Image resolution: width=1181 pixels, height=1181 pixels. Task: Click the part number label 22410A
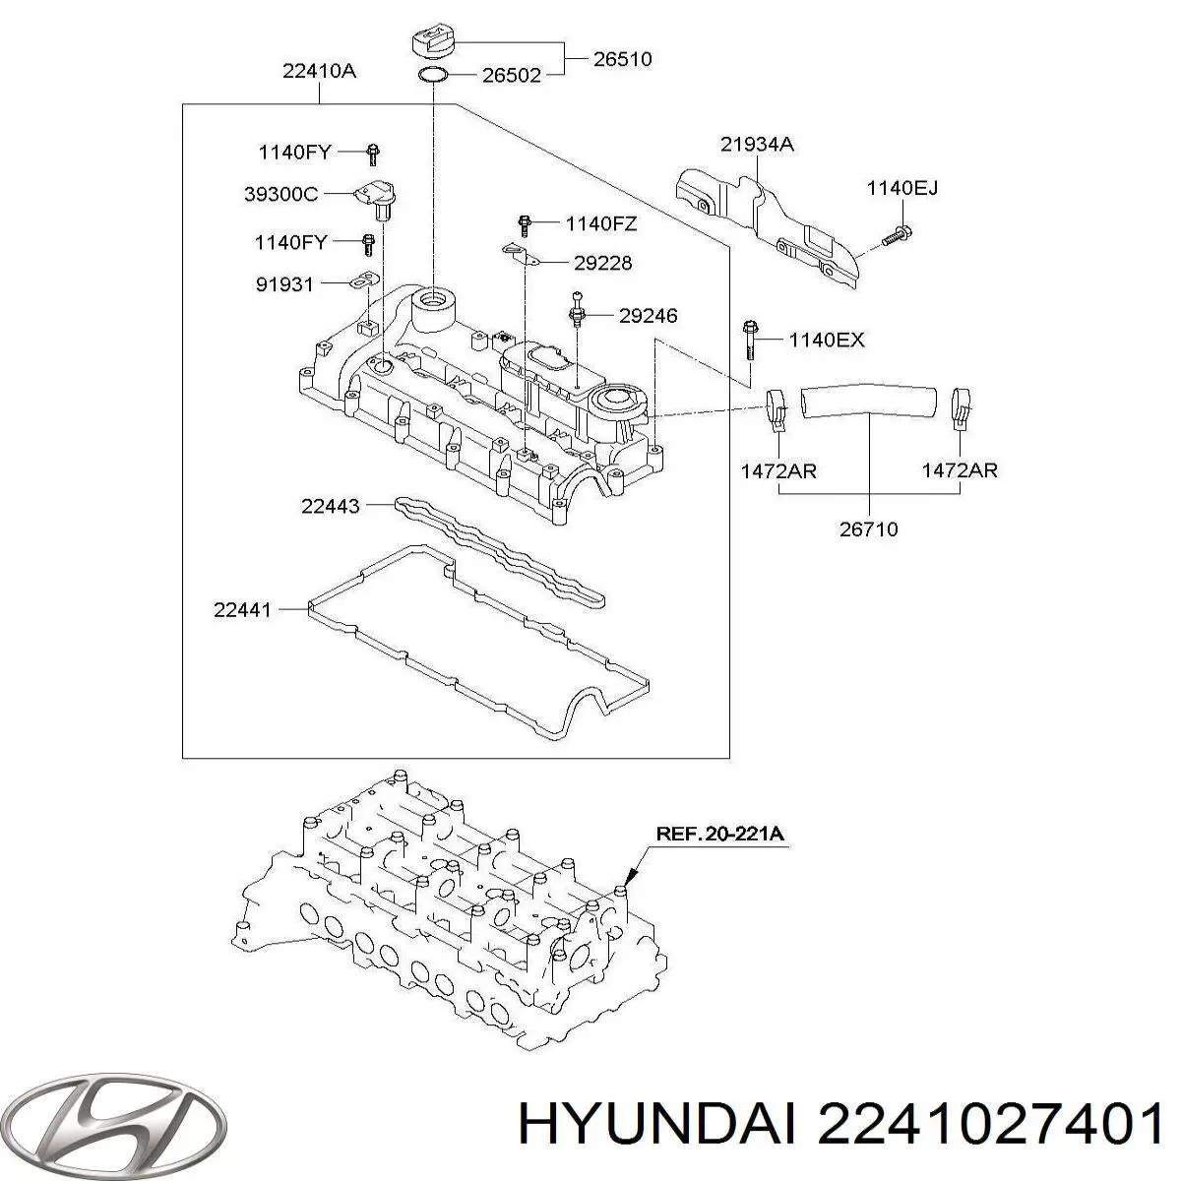pos(318,70)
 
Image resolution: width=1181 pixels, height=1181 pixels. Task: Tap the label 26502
pos(511,75)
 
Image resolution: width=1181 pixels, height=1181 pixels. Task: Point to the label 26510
pos(622,59)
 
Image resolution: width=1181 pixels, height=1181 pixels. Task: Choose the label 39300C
pos(280,195)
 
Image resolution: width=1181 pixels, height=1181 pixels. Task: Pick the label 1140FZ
pos(600,223)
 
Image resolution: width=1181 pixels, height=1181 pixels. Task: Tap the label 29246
pos(648,316)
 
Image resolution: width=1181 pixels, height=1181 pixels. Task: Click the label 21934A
pos(757,145)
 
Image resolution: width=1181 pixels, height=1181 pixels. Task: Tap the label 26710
pos(868,529)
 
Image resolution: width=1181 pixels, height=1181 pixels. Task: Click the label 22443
pos(331,507)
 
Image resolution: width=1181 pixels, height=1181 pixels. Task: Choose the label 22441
pos(242,610)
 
